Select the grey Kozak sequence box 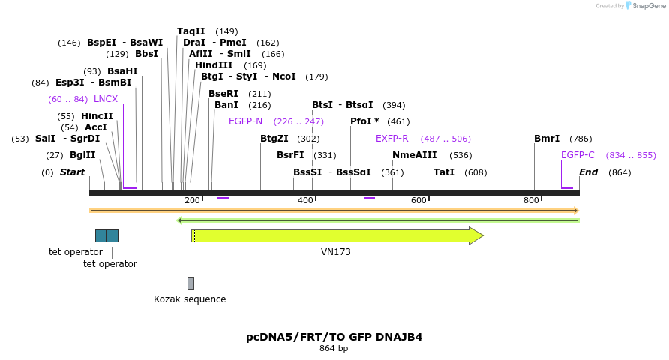click(x=190, y=283)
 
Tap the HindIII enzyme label click(x=214, y=65)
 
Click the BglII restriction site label click(x=82, y=155)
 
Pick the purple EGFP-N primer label click(x=245, y=121)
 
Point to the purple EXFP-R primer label click(x=391, y=139)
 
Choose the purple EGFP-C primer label click(x=577, y=155)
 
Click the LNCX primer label click(x=106, y=99)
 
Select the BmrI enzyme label click(x=547, y=139)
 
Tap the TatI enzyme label click(x=444, y=172)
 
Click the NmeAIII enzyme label click(x=414, y=155)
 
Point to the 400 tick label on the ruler click(x=305, y=200)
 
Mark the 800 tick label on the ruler click(x=531, y=200)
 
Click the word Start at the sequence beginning click(x=72, y=172)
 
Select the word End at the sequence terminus click(x=588, y=172)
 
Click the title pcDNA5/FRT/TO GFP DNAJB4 click(x=334, y=337)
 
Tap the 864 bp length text click(x=334, y=348)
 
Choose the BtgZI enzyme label click(x=274, y=139)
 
